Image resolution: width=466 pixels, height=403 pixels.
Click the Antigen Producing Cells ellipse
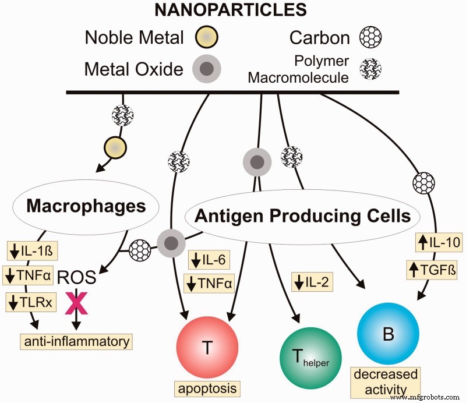pyautogui.click(x=302, y=217)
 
